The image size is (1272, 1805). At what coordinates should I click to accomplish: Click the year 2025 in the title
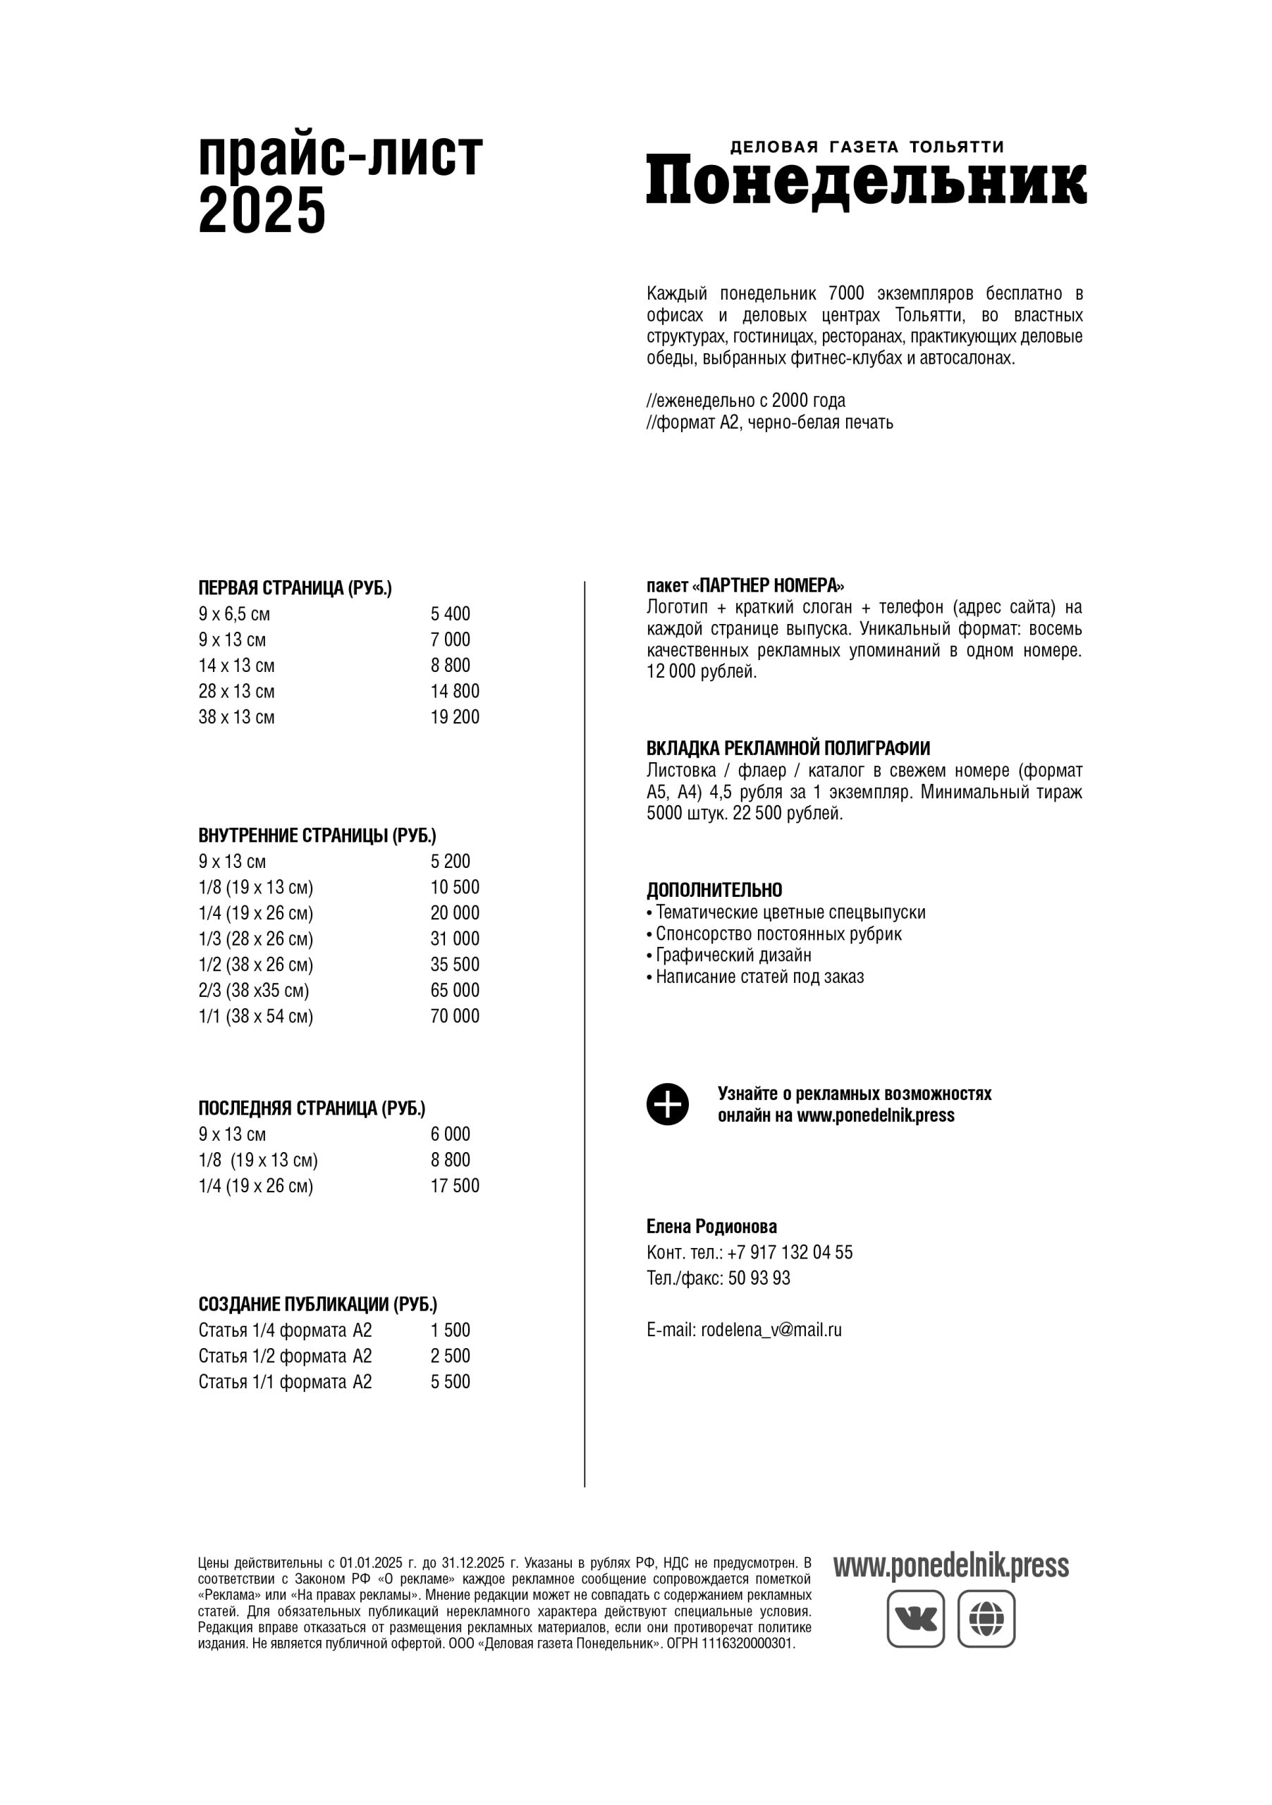tap(262, 211)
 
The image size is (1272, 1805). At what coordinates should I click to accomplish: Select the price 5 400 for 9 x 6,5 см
tap(450, 614)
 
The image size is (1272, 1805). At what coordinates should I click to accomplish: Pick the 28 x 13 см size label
tap(237, 692)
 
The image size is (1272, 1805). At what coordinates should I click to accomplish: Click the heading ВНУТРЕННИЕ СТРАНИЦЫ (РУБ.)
tap(317, 836)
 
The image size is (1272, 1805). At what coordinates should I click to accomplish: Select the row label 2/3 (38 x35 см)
tap(253, 991)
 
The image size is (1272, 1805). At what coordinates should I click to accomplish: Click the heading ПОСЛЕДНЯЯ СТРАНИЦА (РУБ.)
tap(312, 1108)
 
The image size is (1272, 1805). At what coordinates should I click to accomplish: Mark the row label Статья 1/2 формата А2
tap(285, 1356)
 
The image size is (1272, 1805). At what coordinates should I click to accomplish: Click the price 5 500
tap(450, 1382)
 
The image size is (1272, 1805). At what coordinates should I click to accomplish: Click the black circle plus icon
tap(668, 1105)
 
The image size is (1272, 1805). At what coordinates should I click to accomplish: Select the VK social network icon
tap(915, 1619)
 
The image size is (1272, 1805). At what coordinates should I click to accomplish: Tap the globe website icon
tap(986, 1619)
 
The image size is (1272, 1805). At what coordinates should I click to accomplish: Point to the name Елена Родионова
tap(711, 1226)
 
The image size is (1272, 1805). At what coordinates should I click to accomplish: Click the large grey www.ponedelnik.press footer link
tap(950, 1566)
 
